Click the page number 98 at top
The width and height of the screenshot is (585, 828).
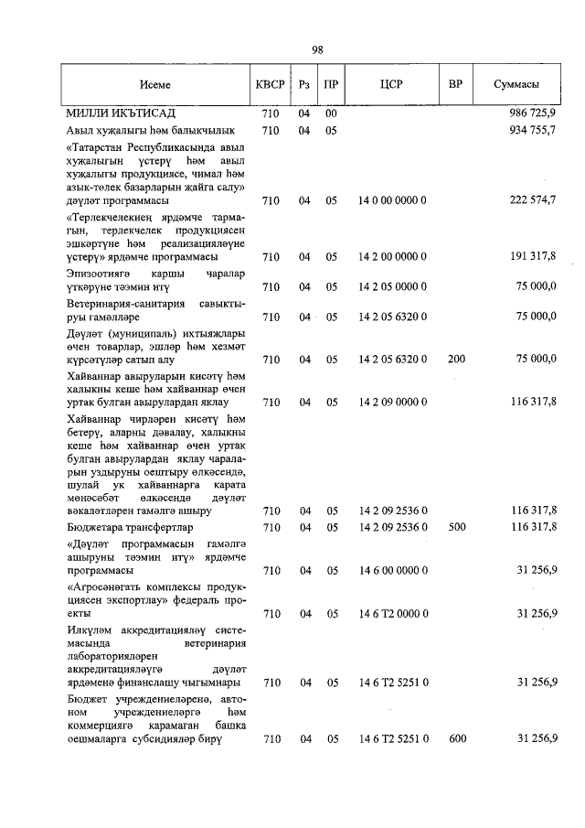[x=316, y=50]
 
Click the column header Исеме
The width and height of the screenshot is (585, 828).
[x=154, y=85]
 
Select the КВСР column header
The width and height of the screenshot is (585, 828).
[x=269, y=85]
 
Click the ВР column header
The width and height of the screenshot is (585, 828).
[x=456, y=85]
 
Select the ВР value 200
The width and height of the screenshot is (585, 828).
[x=456, y=360]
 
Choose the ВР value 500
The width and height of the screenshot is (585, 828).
[x=456, y=527]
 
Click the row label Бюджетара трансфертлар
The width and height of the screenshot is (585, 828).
[x=129, y=527]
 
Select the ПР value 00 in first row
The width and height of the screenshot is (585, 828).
[x=332, y=113]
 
